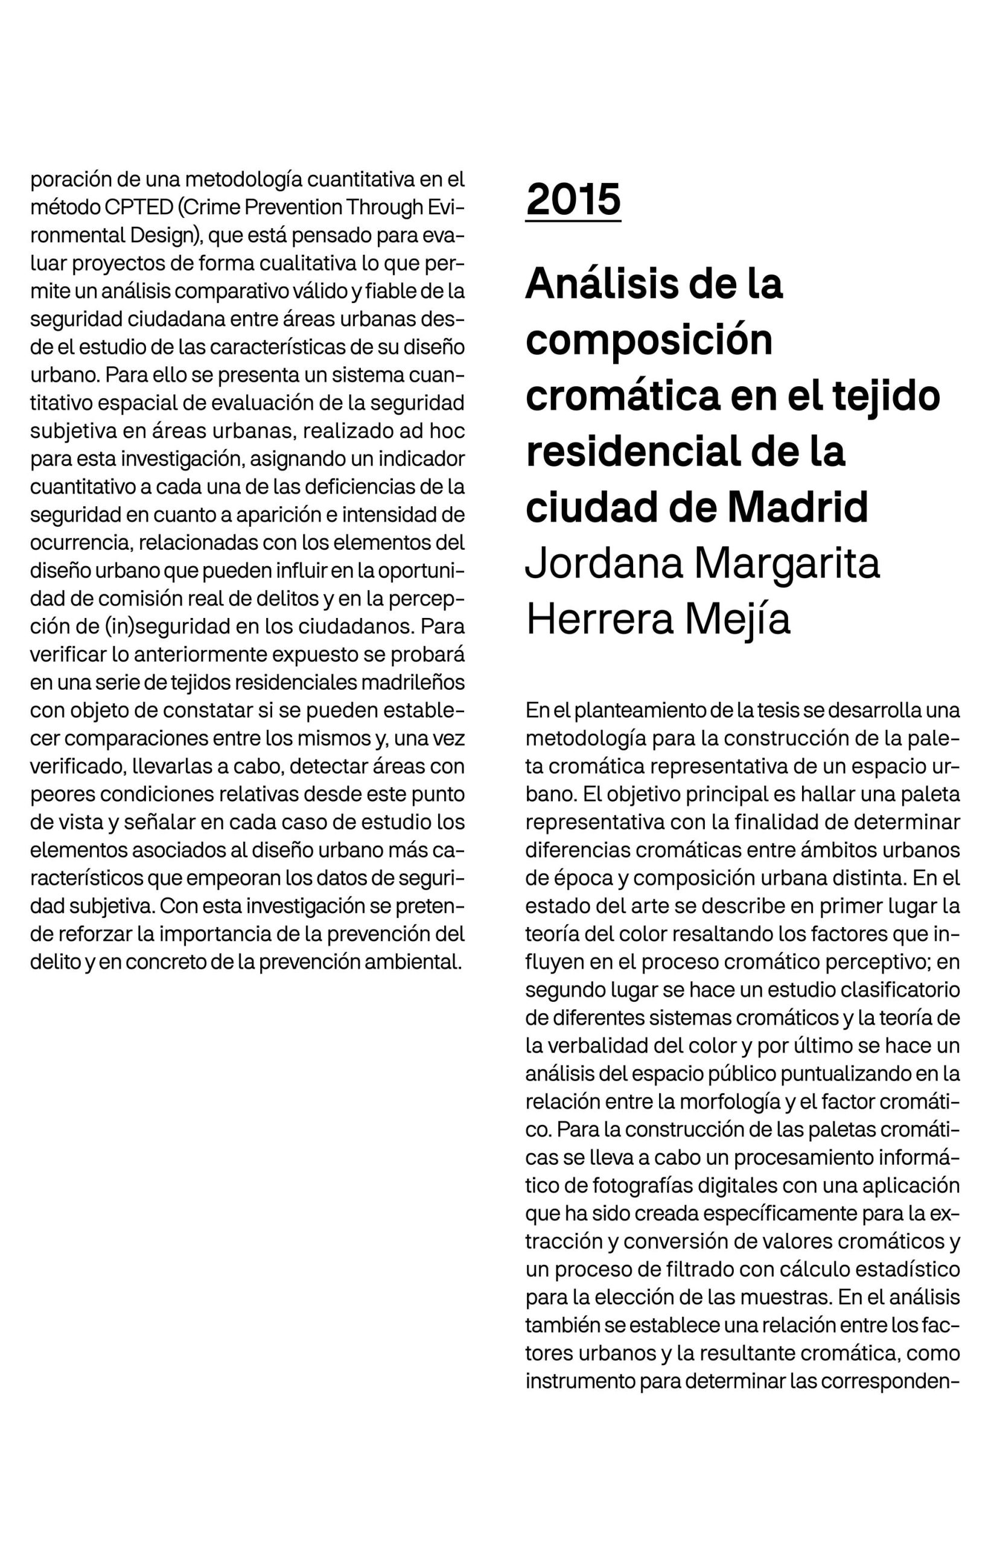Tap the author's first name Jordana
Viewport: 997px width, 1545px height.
pyautogui.click(x=604, y=564)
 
